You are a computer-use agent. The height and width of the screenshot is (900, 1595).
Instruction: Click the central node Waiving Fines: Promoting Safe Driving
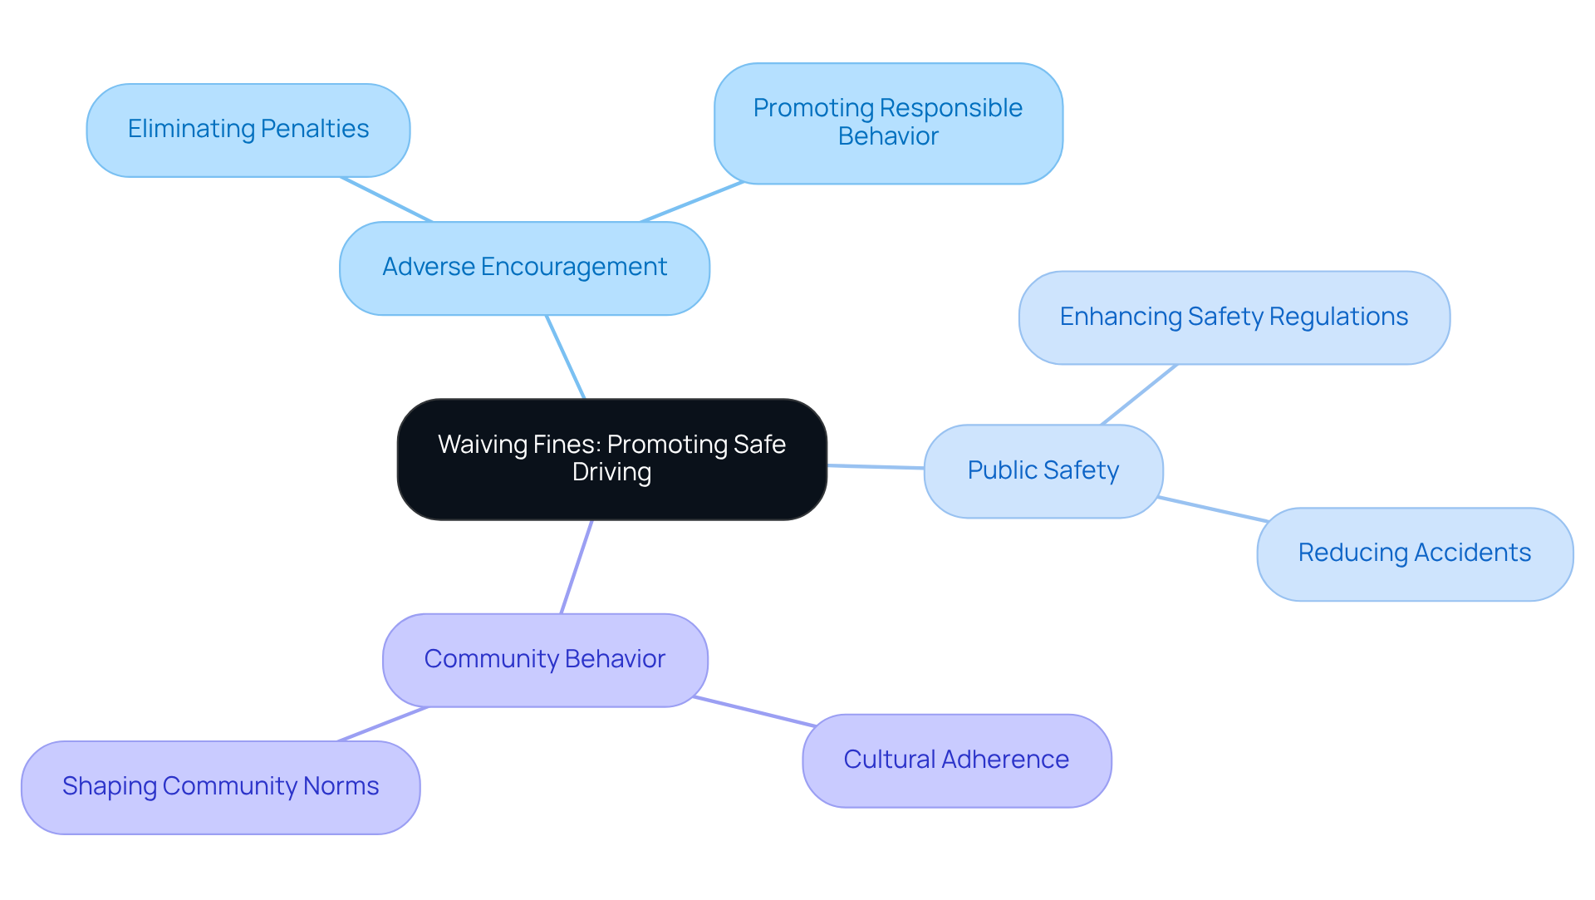click(611, 459)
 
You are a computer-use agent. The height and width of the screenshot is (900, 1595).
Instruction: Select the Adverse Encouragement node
click(524, 268)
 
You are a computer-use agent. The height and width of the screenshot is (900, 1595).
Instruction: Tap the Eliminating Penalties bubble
click(248, 130)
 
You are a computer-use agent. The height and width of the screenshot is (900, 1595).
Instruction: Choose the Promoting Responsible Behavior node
click(888, 122)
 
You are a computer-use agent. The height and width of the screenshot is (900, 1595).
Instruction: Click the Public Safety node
click(1043, 470)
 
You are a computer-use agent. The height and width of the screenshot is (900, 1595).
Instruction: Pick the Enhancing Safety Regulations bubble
click(1234, 317)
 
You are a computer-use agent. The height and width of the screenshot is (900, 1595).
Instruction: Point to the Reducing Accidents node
click(1414, 553)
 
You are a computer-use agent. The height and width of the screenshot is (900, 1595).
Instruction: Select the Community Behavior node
click(545, 659)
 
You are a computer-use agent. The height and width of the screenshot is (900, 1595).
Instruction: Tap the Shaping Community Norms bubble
click(220, 786)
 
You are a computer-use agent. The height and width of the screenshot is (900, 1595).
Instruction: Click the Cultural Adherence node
click(956, 760)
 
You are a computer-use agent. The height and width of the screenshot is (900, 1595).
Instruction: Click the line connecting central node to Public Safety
click(876, 467)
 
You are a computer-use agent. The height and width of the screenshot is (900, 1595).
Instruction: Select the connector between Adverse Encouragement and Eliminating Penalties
click(386, 199)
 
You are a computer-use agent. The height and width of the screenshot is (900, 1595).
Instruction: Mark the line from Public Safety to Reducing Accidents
click(1213, 509)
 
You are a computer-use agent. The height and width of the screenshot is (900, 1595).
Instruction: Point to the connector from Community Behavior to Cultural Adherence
click(754, 712)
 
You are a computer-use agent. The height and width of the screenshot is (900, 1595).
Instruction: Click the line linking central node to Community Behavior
click(577, 567)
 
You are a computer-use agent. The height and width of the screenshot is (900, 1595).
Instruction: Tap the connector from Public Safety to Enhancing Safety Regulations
click(1139, 395)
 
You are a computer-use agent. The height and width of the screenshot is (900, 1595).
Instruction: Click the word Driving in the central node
click(611, 472)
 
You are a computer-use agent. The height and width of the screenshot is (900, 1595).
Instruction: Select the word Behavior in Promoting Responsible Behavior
click(888, 136)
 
